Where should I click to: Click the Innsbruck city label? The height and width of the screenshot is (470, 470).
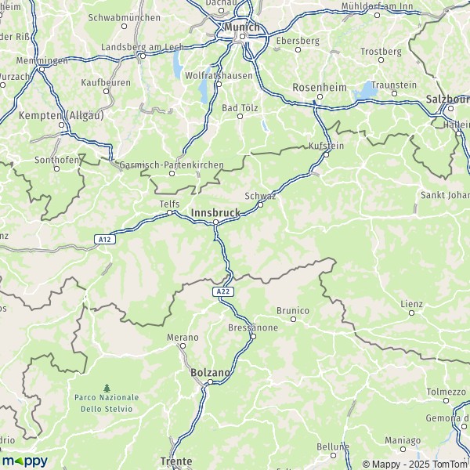[x=216, y=211]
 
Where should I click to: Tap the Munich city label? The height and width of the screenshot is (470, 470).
[x=241, y=27]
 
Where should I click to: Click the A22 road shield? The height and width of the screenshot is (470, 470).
[x=223, y=291]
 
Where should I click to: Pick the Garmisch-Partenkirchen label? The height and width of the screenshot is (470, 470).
[x=172, y=165]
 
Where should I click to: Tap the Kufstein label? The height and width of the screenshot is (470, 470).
[x=327, y=145]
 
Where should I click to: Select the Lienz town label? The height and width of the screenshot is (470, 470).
[x=411, y=302]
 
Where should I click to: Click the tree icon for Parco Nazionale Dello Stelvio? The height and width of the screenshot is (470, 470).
[x=107, y=388]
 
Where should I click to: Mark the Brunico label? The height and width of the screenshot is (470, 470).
[x=294, y=310]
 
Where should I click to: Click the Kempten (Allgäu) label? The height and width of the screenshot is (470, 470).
[x=60, y=114]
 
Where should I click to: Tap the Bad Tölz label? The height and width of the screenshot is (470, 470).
[x=240, y=107]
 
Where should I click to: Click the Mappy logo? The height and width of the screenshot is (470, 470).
[x=24, y=461]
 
